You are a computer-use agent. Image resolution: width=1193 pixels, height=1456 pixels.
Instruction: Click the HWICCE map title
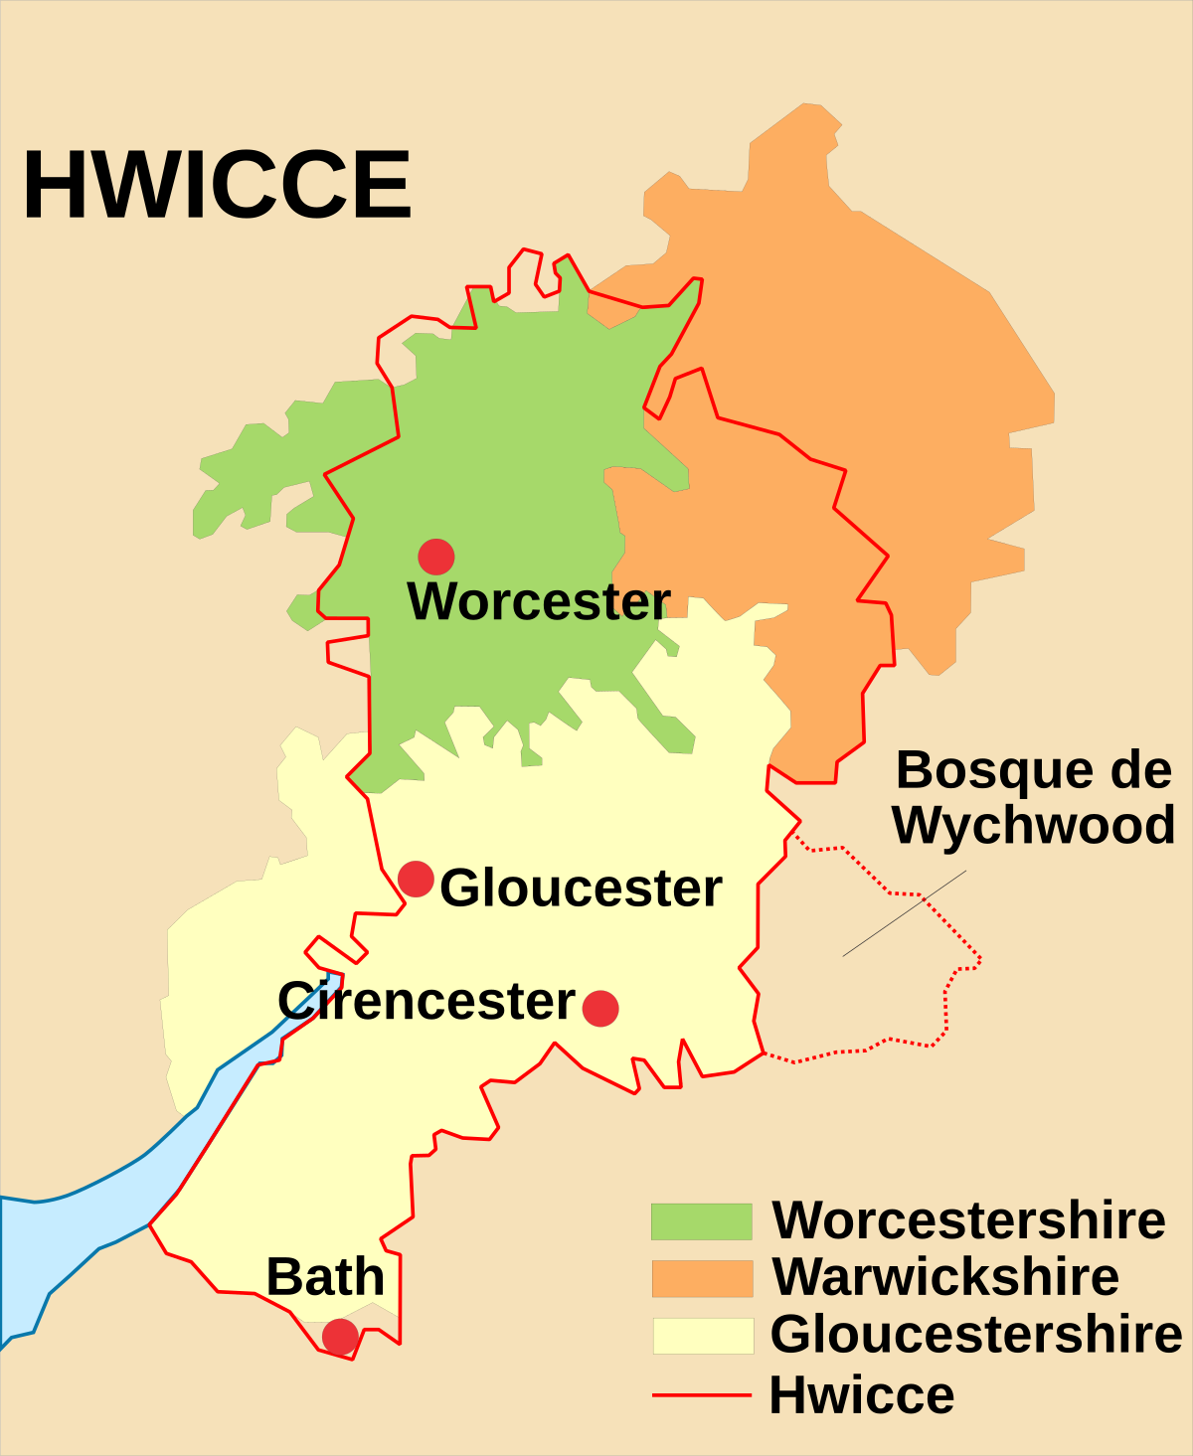click(x=217, y=186)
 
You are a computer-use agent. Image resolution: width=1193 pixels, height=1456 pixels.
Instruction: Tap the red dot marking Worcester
click(x=436, y=557)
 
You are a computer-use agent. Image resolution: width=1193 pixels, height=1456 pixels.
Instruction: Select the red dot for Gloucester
click(x=416, y=880)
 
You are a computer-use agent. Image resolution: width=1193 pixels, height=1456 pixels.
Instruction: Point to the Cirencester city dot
click(x=600, y=1008)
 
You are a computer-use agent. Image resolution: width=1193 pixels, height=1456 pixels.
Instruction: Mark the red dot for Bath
click(x=340, y=1337)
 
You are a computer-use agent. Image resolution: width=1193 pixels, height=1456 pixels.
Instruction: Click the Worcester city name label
click(x=539, y=601)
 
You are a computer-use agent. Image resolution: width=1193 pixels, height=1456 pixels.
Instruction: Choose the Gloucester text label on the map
click(x=581, y=888)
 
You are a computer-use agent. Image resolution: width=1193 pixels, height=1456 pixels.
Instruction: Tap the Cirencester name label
click(x=426, y=1001)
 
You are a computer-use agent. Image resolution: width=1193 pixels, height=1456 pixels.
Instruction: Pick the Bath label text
click(x=325, y=1277)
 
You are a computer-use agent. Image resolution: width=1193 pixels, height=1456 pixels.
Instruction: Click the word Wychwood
click(x=1034, y=825)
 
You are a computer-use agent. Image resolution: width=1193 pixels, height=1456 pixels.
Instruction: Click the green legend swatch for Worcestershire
click(x=702, y=1221)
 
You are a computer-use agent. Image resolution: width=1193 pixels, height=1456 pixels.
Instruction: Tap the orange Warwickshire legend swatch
click(x=702, y=1278)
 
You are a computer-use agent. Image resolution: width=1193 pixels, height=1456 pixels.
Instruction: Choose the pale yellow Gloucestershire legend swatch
click(x=702, y=1335)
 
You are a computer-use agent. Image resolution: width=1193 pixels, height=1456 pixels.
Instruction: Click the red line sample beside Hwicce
click(x=702, y=1394)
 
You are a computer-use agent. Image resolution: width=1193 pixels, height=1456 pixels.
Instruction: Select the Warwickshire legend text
click(x=945, y=1277)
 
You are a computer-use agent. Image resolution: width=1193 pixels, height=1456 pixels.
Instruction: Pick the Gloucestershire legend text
click(x=976, y=1334)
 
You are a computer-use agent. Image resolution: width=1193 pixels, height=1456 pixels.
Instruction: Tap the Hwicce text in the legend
click(x=862, y=1394)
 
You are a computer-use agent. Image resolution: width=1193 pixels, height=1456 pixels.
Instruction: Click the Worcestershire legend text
click(x=969, y=1220)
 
